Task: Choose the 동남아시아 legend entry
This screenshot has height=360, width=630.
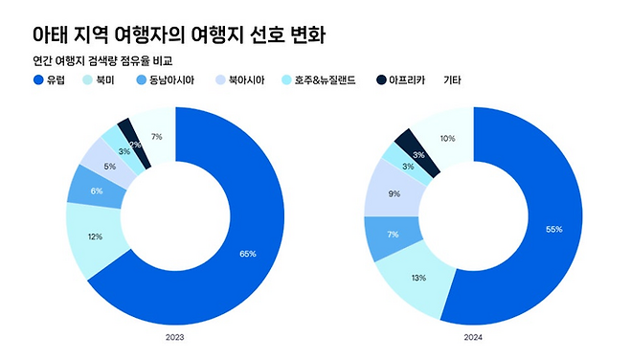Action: click(165, 80)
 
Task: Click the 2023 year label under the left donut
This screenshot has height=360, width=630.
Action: click(175, 337)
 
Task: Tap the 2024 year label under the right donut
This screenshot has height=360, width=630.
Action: click(473, 337)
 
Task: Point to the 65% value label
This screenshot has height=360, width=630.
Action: click(247, 254)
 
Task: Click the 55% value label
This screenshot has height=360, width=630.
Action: click(553, 230)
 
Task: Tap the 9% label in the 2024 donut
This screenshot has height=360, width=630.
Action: click(394, 193)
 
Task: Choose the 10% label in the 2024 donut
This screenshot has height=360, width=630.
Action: click(447, 139)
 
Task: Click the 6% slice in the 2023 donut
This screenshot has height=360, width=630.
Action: click(96, 191)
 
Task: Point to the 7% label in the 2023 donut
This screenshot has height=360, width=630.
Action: click(156, 137)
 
